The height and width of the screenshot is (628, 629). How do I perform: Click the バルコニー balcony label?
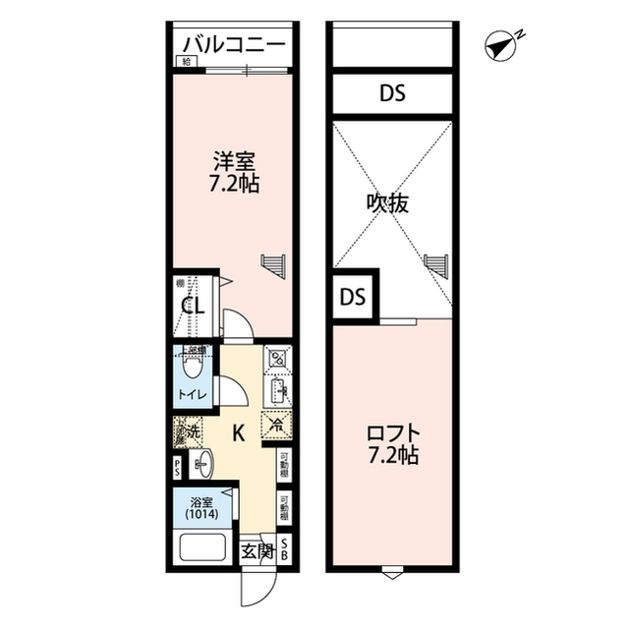pos(234,45)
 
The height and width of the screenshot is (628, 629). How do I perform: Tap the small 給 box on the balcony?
pos(185,61)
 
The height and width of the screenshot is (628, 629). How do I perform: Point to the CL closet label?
pos(192,307)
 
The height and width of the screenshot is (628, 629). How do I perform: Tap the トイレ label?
pos(191,396)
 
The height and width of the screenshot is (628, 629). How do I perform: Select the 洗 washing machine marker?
pos(189,430)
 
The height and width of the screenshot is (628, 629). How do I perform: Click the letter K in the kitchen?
pos(238,430)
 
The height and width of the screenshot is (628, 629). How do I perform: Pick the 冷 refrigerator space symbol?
pos(276,425)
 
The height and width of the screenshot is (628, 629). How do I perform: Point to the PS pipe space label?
pos(178,467)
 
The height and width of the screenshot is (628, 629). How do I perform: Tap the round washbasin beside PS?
pos(202,462)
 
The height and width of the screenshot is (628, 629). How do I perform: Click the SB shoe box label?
pos(285,549)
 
